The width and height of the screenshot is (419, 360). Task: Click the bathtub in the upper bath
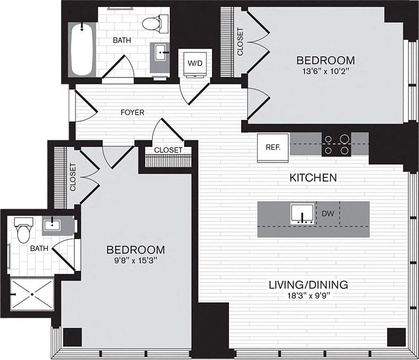pos(83,49)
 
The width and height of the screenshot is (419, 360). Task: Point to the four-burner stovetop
pos(337,144)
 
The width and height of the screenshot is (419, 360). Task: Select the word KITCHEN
pos(313,178)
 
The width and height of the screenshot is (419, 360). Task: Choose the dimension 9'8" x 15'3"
pos(135,261)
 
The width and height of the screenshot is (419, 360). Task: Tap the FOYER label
pos(132,113)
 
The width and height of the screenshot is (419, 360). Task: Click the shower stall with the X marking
pos(32,295)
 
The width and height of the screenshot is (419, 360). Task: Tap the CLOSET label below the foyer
pos(168,150)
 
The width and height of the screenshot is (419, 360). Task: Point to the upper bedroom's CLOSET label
pos(240,42)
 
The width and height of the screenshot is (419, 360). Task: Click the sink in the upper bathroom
pos(161,53)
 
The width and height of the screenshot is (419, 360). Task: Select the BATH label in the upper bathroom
pos(122,40)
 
